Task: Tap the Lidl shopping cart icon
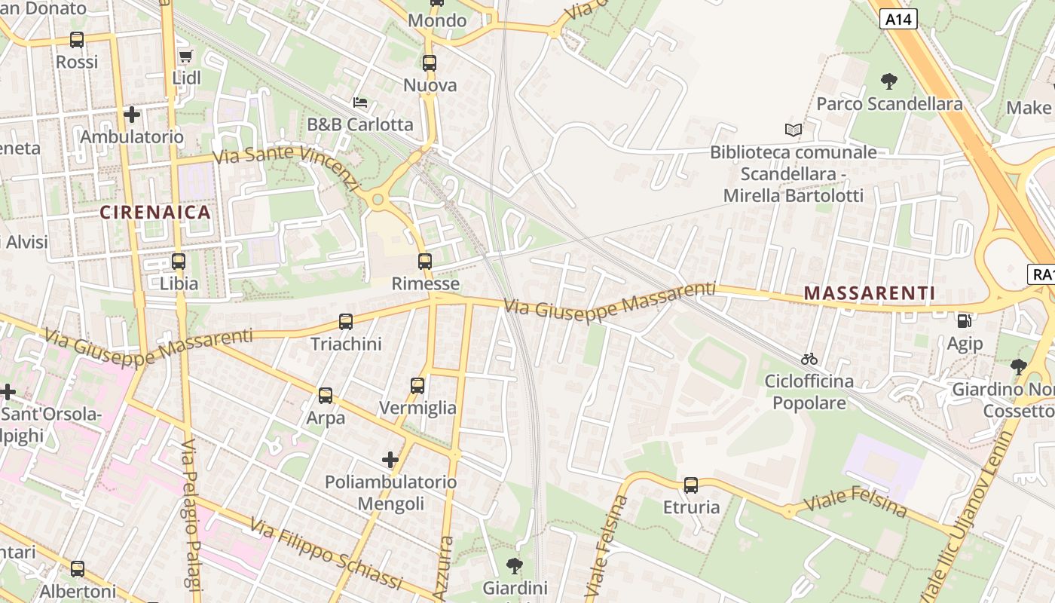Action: pyautogui.click(x=185, y=56)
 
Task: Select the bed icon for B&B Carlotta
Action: pyautogui.click(x=360, y=102)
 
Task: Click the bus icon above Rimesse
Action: pyautogui.click(x=425, y=262)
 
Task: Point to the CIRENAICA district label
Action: pyautogui.click(x=156, y=213)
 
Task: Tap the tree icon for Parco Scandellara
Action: pyautogui.click(x=889, y=81)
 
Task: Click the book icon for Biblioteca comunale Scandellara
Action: pyautogui.click(x=793, y=130)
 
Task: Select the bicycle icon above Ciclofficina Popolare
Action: pyautogui.click(x=809, y=359)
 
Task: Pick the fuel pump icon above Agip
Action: pyautogui.click(x=964, y=321)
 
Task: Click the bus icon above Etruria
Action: pyautogui.click(x=691, y=485)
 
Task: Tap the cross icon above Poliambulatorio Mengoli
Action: pyautogui.click(x=390, y=459)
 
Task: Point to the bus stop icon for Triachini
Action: pyautogui.click(x=346, y=322)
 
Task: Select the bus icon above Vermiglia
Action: pyautogui.click(x=417, y=386)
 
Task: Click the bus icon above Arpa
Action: pyautogui.click(x=326, y=396)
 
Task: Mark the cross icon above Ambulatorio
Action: pyautogui.click(x=132, y=115)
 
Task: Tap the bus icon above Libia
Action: pyautogui.click(x=179, y=262)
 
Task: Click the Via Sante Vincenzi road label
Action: pyautogui.click(x=288, y=167)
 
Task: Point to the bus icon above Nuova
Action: pyautogui.click(x=430, y=63)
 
